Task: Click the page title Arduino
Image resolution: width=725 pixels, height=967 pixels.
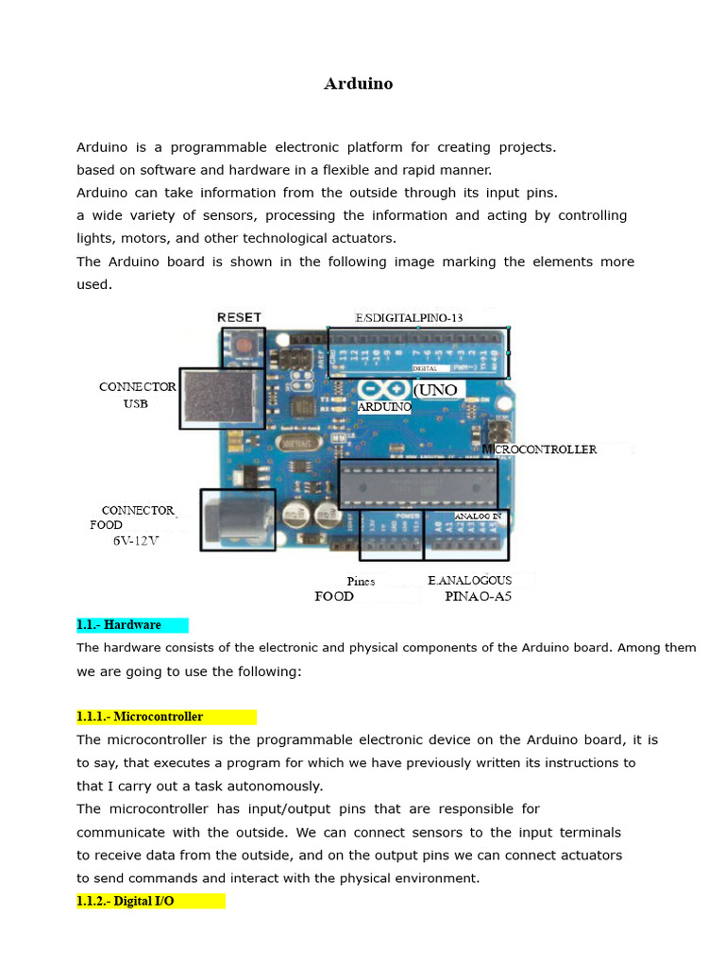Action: pyautogui.click(x=359, y=84)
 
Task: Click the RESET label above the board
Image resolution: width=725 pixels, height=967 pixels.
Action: pyautogui.click(x=240, y=317)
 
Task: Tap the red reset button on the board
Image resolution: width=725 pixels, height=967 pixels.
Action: pyautogui.click(x=244, y=347)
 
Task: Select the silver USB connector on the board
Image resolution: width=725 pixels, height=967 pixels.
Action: pyautogui.click(x=222, y=398)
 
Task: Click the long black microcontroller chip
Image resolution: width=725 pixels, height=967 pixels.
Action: pyautogui.click(x=417, y=483)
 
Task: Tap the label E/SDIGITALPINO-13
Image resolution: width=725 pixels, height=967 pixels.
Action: pyautogui.click(x=409, y=318)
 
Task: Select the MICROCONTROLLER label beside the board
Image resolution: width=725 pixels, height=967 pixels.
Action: pyautogui.click(x=540, y=450)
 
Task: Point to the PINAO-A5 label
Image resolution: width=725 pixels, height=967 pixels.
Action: pyautogui.click(x=478, y=597)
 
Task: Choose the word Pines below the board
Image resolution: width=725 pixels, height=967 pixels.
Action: pyautogui.click(x=361, y=582)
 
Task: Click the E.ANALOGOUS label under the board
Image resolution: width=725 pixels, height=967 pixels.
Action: pyautogui.click(x=469, y=581)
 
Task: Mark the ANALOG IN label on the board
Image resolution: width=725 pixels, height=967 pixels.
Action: pyautogui.click(x=478, y=517)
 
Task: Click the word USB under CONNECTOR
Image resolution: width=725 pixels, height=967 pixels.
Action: pyautogui.click(x=135, y=403)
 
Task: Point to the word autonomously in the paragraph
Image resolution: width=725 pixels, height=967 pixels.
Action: pyautogui.click(x=271, y=786)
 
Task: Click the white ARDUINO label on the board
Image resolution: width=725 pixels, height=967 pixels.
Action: pyautogui.click(x=384, y=407)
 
